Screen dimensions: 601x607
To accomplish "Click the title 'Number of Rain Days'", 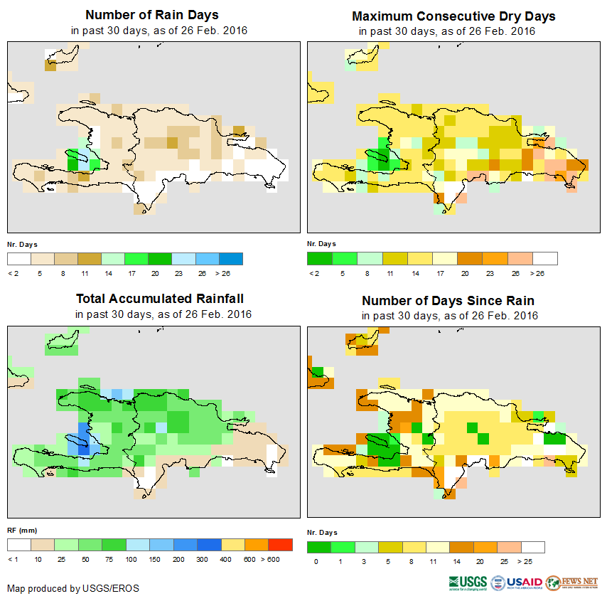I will [152, 15].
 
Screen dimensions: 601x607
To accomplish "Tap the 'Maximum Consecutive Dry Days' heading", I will [453, 16].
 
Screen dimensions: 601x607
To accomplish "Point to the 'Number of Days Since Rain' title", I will [448, 300].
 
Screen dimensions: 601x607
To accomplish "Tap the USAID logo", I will [517, 583].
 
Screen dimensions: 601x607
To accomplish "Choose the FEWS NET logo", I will [572, 583].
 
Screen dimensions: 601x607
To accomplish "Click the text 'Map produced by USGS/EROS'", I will [73, 588].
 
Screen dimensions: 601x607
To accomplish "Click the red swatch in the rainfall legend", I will [280, 545].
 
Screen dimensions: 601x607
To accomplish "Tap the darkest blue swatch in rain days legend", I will [231, 258].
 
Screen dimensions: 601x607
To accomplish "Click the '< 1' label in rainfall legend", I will [14, 560].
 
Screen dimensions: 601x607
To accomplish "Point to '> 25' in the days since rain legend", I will [535, 562].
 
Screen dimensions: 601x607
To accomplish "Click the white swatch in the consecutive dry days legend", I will [545, 258].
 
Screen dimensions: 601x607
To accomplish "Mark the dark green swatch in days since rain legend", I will [319, 547].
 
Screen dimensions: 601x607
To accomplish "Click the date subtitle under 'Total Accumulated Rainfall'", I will [163, 314].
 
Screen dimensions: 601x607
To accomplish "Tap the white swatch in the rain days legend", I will [19, 258].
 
